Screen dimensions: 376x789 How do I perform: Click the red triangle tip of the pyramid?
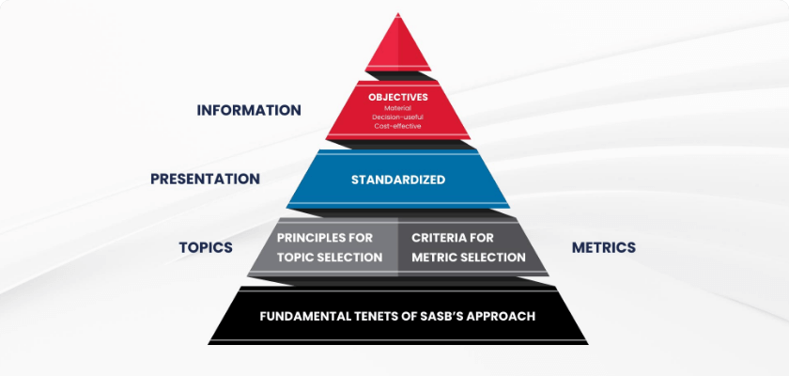pos(398,47)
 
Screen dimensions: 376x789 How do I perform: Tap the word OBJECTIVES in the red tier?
pos(398,97)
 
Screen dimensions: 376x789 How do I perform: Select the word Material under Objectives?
pos(398,108)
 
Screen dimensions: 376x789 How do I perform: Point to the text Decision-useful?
pos(398,117)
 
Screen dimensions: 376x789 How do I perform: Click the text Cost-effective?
pos(398,126)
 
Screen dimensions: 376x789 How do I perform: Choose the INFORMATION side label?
pos(249,110)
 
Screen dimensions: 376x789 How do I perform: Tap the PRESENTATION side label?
pos(205,179)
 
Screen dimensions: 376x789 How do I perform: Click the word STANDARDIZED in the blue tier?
pos(398,180)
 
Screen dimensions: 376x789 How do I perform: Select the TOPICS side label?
pos(206,247)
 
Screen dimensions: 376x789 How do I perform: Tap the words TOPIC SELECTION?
pos(330,257)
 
